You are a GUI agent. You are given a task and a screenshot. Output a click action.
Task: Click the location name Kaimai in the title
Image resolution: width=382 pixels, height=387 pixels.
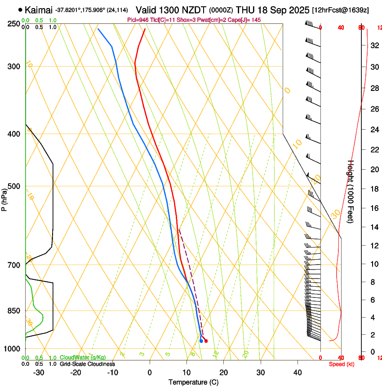39,9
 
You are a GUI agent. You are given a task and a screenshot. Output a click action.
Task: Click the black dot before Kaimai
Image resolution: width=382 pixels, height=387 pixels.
20,9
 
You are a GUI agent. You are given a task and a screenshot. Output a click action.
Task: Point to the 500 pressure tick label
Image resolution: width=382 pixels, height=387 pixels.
14,186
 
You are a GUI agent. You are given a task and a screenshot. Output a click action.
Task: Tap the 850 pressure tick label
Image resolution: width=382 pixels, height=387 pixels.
14,310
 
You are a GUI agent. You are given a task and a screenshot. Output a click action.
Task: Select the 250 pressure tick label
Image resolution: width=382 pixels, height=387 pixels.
14,23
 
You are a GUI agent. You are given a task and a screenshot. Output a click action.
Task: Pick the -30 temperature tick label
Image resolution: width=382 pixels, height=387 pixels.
39,372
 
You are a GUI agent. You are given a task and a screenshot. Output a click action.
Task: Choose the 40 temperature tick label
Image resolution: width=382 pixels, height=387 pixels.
297,372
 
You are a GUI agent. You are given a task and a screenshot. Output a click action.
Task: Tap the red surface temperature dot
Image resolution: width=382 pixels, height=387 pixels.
206,341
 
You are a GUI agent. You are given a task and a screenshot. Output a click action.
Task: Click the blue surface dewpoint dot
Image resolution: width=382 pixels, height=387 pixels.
201,341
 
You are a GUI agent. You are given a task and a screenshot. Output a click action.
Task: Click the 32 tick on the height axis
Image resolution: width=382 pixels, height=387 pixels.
373,46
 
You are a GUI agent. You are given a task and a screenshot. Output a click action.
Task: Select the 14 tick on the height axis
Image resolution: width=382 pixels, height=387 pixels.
373,227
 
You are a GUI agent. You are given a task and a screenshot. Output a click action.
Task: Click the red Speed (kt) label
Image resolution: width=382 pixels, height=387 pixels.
342,364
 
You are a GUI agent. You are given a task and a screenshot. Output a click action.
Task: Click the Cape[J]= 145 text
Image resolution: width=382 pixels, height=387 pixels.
247,20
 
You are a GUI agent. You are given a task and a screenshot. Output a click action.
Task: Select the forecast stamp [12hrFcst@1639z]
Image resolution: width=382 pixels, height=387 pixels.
346,10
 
